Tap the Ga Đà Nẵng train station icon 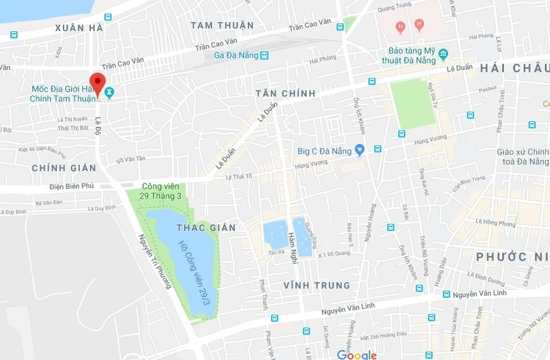coord(264,55)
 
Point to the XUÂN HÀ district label coord(79,27)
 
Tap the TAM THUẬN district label coord(222,25)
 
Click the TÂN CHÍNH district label coord(285,93)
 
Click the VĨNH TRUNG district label coord(317,285)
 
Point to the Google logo coord(357,354)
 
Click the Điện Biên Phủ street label coord(71,186)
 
